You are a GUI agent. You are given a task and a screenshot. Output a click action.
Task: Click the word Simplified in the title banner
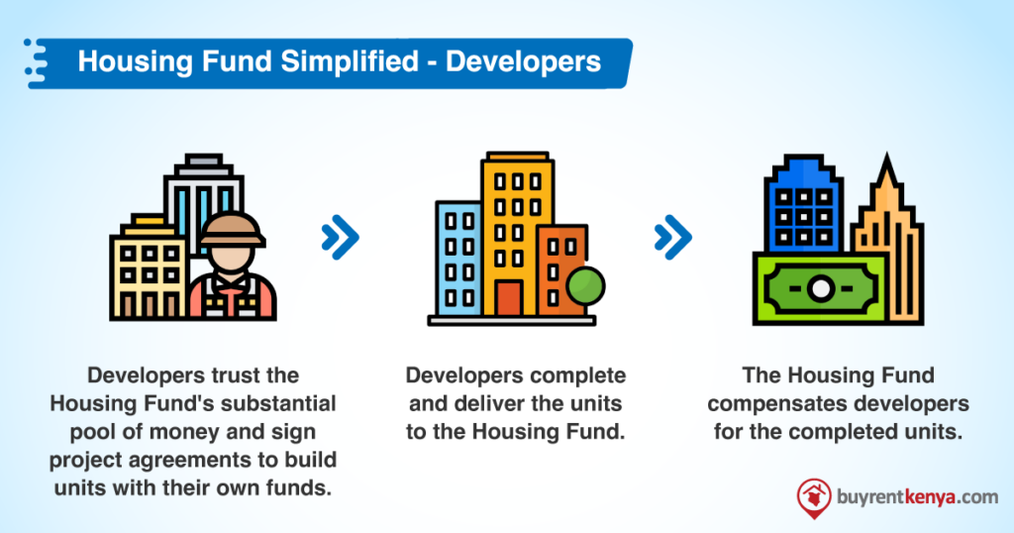tap(350, 62)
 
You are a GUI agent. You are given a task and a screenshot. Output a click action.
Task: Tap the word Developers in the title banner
tap(524, 62)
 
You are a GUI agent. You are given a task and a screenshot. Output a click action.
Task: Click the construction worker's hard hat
tap(232, 230)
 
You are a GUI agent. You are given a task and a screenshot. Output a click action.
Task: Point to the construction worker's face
tap(232, 259)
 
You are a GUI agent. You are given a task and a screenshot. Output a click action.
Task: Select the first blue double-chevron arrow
tap(341, 238)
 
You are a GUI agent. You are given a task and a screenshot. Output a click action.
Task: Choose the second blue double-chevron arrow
tap(673, 238)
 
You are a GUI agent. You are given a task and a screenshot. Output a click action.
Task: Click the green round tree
tap(585, 286)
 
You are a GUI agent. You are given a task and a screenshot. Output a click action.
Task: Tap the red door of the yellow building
tap(509, 298)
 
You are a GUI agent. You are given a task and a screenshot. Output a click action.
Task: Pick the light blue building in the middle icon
tap(457, 259)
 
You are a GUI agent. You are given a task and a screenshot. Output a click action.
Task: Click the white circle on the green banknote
tap(821, 288)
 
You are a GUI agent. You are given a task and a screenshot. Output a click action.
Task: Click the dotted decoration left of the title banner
tap(36, 62)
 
